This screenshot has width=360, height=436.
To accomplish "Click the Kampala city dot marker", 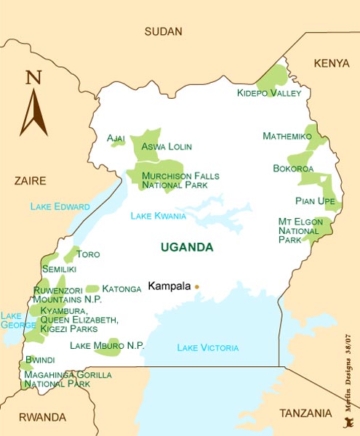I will point(196,287).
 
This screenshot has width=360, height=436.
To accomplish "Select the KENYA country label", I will point(332,64).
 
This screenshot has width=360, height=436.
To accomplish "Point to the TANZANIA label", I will point(306,413).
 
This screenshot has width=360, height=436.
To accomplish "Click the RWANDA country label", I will point(42,417).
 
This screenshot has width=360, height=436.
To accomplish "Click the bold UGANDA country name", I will point(187,248).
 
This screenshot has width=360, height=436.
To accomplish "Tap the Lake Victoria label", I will point(207,348).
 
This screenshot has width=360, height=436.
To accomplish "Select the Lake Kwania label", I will point(158,216).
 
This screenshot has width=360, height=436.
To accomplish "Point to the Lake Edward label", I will point(60,207).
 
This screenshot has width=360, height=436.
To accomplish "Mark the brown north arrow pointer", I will point(33,113).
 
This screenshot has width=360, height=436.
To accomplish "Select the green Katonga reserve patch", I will point(92,288).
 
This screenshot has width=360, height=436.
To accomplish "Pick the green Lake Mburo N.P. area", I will point(107,349).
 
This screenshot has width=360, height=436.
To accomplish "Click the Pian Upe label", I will point(316,201).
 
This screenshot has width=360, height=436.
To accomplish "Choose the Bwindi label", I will point(40,360).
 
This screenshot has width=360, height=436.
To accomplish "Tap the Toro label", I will point(88,255).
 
